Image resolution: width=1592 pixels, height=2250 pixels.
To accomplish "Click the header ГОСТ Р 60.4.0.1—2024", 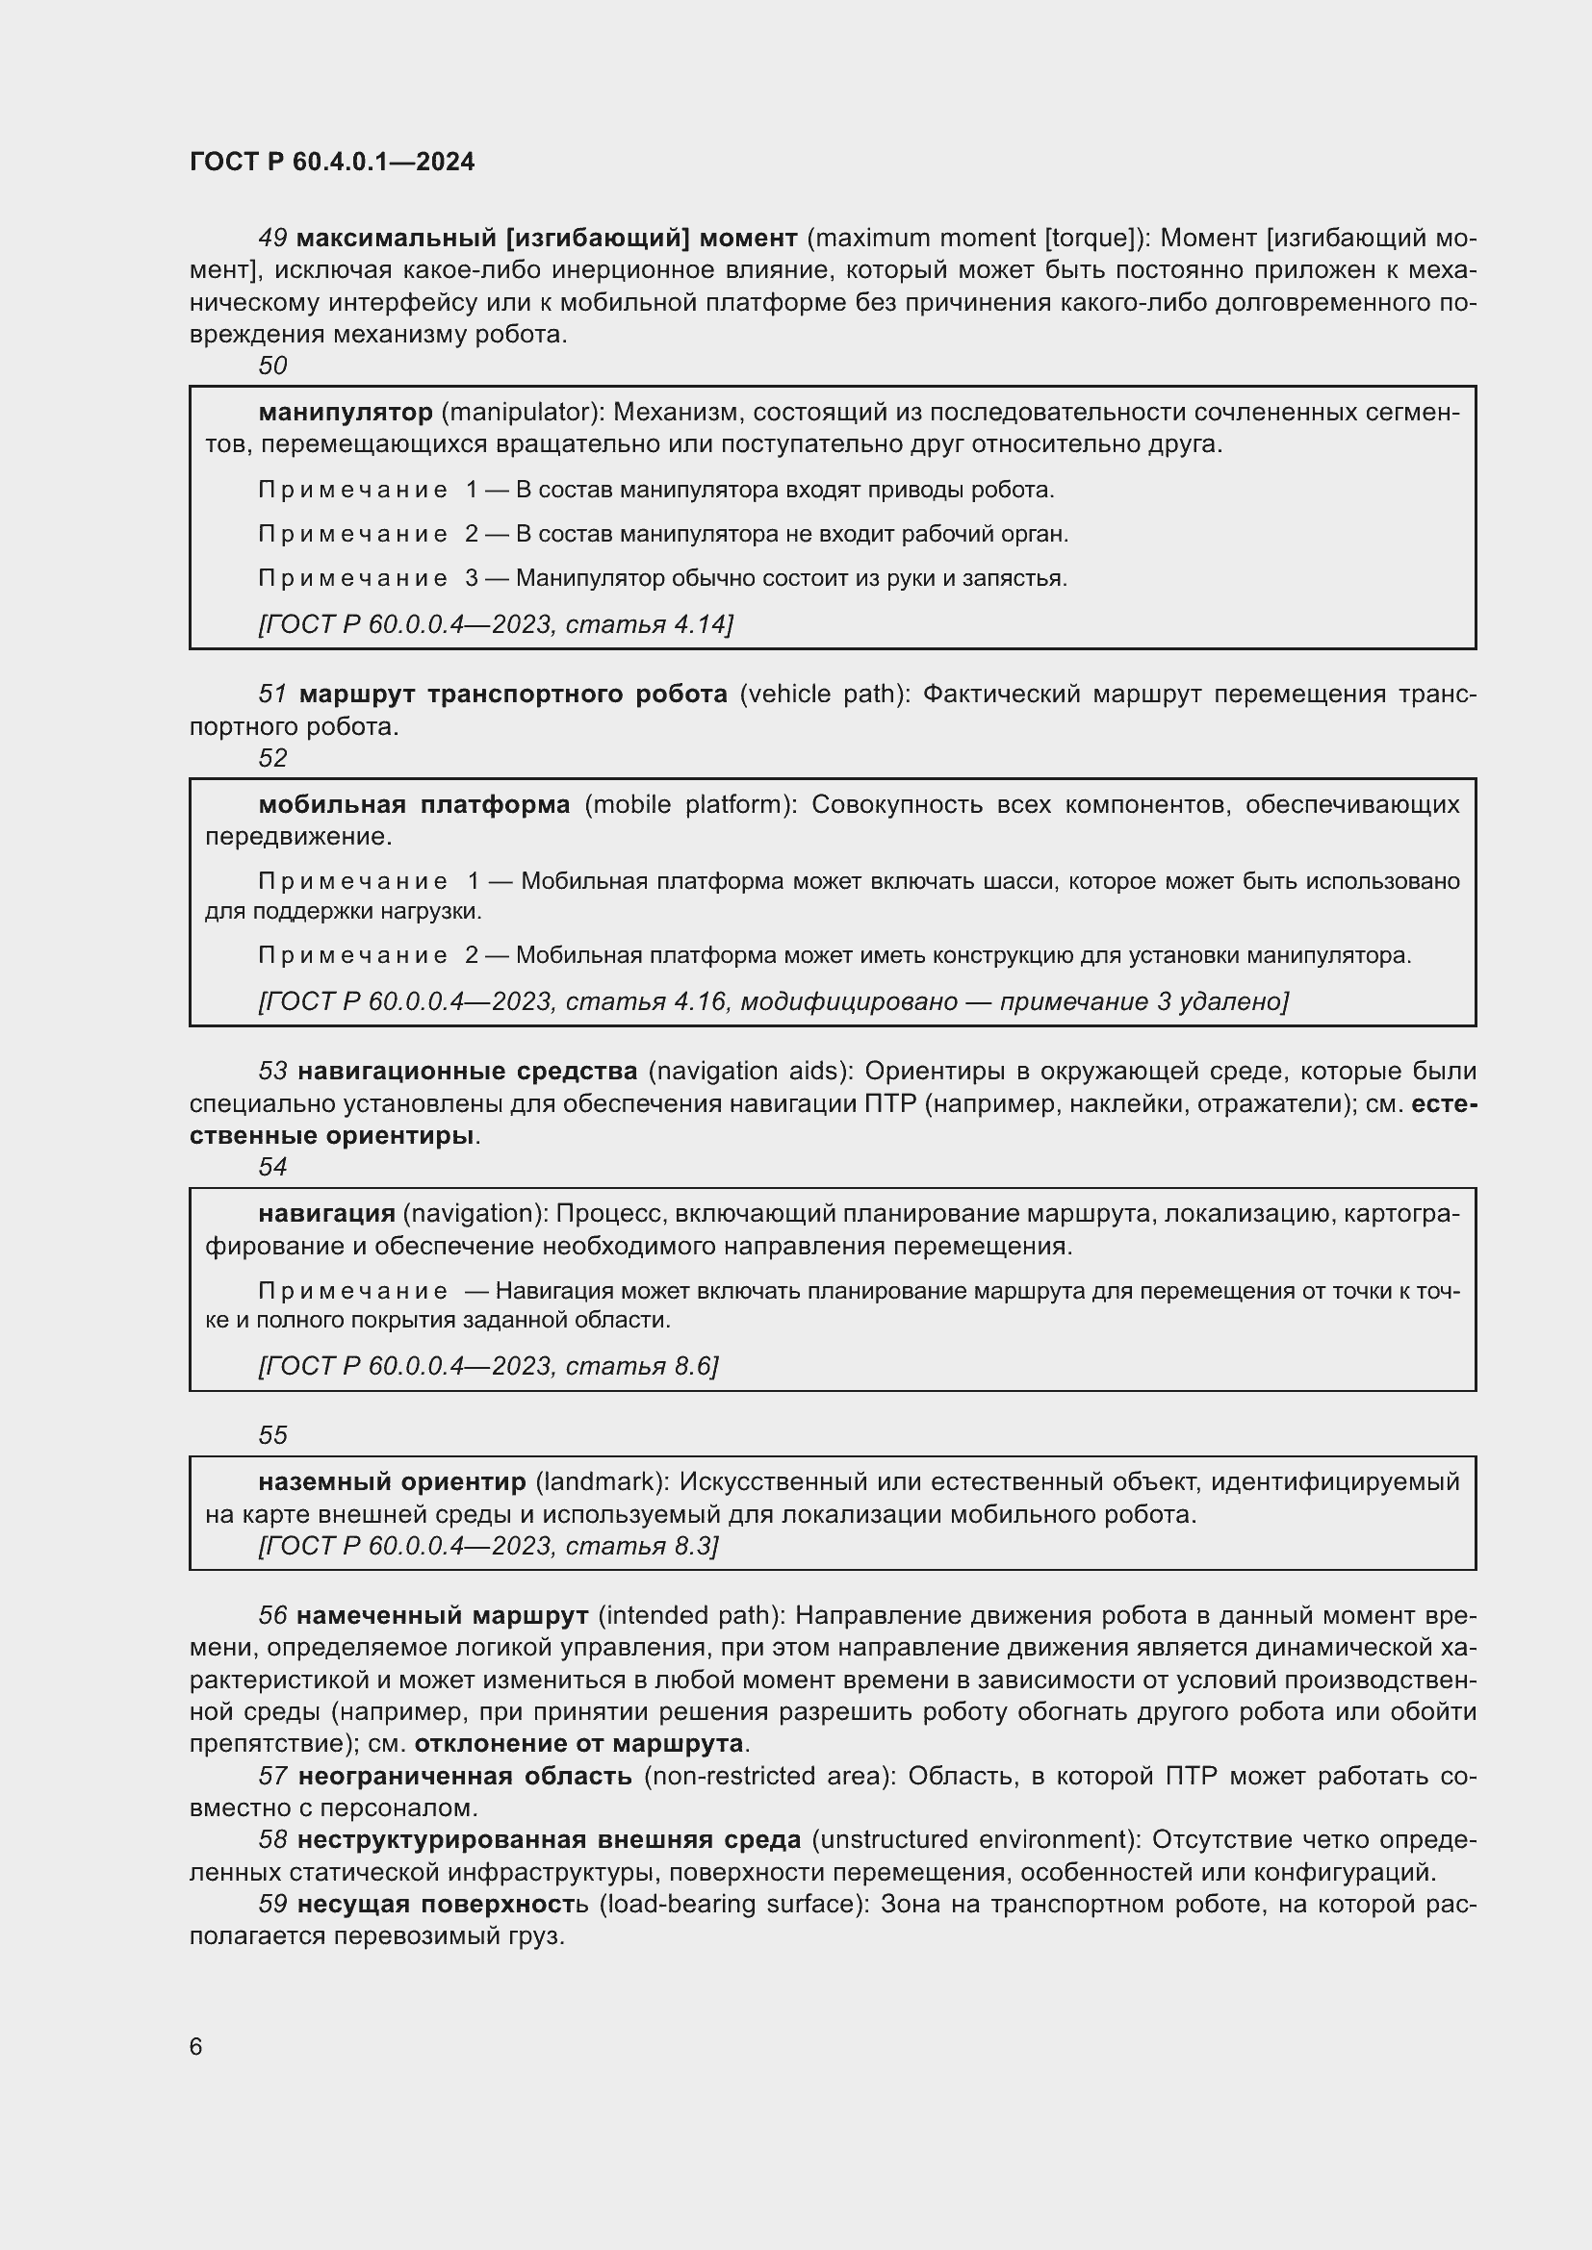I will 331,162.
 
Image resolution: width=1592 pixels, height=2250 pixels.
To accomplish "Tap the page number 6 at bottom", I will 196,2046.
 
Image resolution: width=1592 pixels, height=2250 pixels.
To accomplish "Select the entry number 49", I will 272,239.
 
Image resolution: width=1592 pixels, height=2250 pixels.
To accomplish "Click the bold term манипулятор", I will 346,412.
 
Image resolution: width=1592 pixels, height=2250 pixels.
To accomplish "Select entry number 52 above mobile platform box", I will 272,757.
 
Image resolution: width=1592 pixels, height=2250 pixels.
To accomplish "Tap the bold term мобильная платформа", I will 414,804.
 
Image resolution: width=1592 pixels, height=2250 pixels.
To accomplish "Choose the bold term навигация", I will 326,1213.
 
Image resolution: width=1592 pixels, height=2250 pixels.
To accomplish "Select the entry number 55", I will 272,1434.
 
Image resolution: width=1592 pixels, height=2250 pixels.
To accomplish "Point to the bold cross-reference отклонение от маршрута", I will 578,1743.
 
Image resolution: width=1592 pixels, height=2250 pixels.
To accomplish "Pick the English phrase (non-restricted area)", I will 770,1776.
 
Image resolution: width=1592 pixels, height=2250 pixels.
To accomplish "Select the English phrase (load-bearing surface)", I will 734,1904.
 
